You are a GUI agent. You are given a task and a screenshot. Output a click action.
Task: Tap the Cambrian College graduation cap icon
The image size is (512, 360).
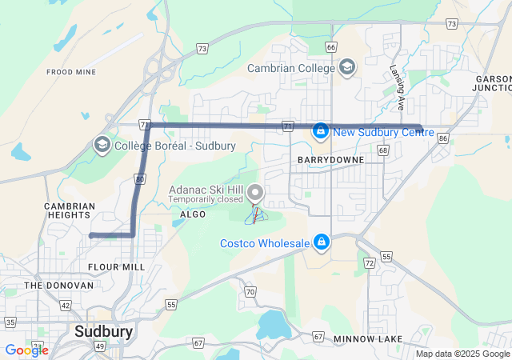tap(346, 67)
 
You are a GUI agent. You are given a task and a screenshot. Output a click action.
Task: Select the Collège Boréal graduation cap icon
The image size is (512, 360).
tap(102, 145)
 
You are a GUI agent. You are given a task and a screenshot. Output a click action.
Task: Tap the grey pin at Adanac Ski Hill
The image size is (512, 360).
tap(256, 193)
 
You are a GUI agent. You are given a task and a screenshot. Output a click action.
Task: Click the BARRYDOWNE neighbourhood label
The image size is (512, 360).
tap(330, 160)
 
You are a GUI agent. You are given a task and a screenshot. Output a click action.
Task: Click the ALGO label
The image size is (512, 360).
tap(193, 214)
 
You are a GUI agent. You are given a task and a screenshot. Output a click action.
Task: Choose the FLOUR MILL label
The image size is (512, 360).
tap(117, 266)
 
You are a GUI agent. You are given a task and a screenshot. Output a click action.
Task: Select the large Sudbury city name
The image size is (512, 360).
tap(103, 330)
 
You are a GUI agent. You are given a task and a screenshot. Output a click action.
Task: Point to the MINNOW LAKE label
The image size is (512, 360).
tap(368, 339)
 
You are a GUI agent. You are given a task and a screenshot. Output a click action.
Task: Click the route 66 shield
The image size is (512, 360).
tap(331, 47)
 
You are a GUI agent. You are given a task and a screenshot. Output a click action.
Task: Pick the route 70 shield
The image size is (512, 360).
tap(250, 292)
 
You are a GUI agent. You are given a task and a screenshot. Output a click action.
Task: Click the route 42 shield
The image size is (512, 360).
tap(66, 305)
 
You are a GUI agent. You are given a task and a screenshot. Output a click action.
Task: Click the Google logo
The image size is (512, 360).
tap(26, 350)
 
